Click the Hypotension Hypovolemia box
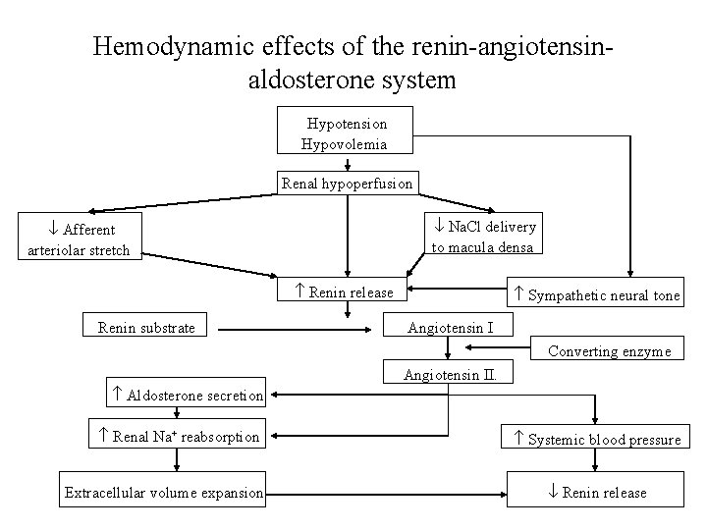pos(346,133)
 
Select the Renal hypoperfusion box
pos(348,184)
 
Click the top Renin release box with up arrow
pos(344,291)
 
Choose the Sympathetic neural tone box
pos(597,294)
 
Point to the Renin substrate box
pos(147,327)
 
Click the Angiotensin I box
pos(450,327)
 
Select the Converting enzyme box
pos(609,350)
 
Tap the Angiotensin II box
pos(450,374)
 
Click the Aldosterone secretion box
pos(188,395)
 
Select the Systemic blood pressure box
pos(597,439)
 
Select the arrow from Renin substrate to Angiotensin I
pos(295,328)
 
